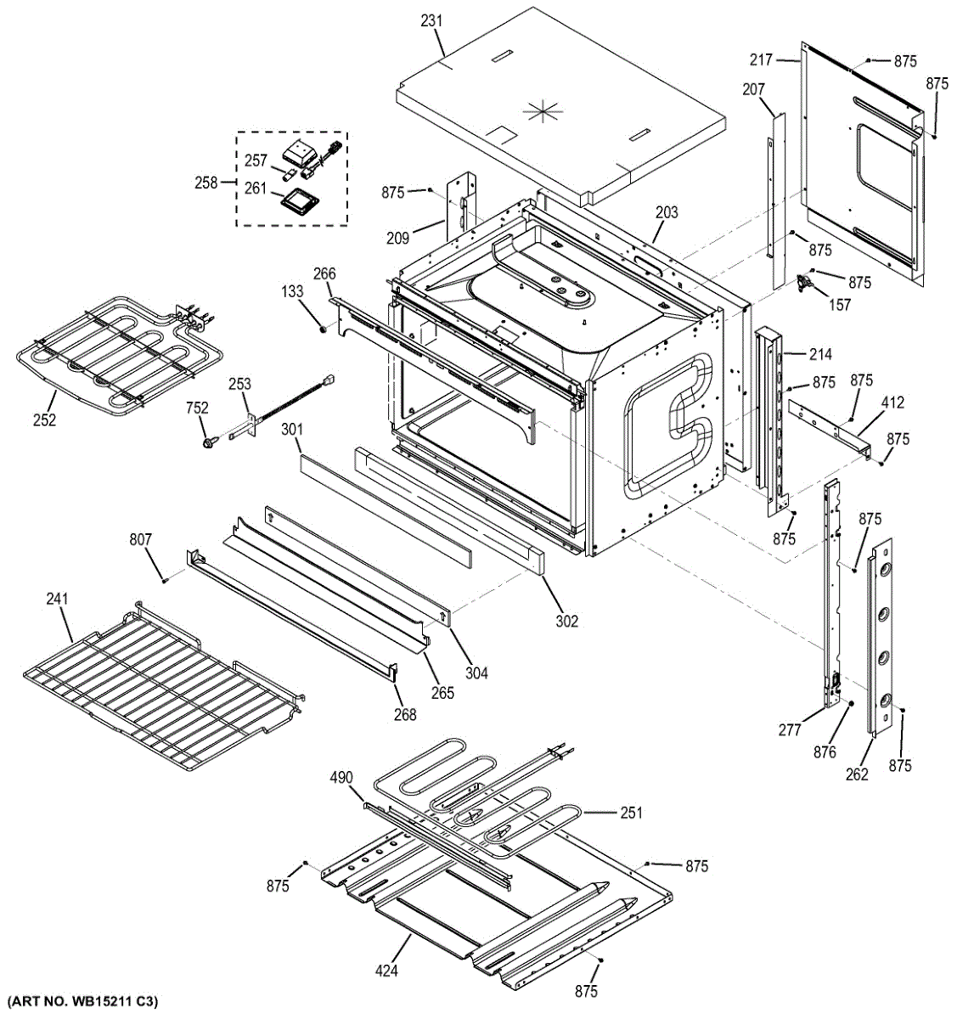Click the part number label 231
[x=432, y=20]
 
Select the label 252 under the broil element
[x=44, y=419]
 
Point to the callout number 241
[x=57, y=600]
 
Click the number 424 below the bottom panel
[x=385, y=971]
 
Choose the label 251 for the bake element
[x=631, y=813]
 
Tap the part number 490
[x=341, y=777]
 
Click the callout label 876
[x=825, y=752]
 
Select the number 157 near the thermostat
[x=840, y=305]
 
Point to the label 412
[x=892, y=403]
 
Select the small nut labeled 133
[x=324, y=328]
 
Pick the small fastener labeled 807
[x=164, y=579]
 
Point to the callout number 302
[x=566, y=621]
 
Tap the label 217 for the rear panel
[x=761, y=59]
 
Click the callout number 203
[x=667, y=212]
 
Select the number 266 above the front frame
[x=324, y=273]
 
